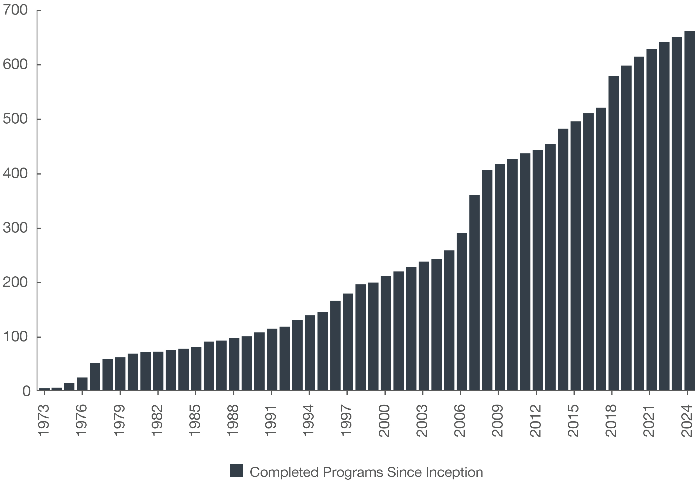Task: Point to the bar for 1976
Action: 82,384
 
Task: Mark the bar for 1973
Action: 44,389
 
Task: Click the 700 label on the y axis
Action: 15,10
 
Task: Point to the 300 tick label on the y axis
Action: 15,228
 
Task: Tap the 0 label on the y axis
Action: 26,391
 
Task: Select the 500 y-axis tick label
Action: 15,119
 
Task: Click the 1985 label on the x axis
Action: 195,420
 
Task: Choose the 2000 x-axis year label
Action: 385,420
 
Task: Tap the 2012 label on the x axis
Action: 536,420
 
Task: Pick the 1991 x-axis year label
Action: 271,420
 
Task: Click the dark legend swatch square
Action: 236,470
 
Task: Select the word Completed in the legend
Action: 284,472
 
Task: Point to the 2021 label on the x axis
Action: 649,420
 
